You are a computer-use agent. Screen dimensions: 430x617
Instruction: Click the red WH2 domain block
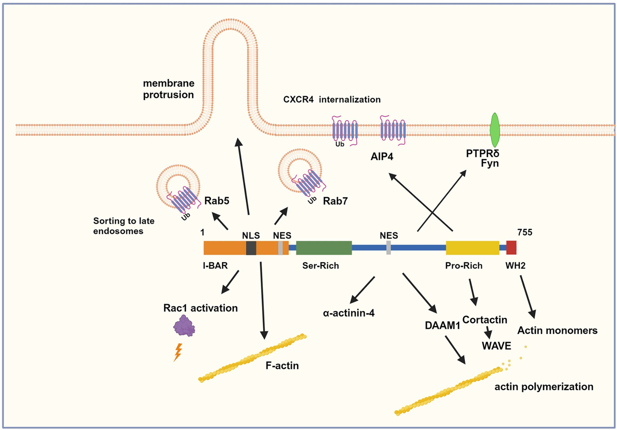point(511,248)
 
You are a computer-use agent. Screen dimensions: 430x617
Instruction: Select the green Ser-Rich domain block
point(324,248)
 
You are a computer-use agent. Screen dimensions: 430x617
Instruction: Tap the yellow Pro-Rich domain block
point(472,248)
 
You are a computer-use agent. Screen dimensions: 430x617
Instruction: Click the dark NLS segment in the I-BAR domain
point(251,248)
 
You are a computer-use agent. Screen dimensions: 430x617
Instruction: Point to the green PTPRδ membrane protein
point(494,130)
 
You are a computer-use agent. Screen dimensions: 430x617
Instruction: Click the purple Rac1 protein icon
point(184,326)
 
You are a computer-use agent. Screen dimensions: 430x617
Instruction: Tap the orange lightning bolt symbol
point(177,352)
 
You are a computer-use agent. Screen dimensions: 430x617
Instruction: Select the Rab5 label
point(217,201)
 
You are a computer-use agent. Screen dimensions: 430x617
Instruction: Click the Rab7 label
point(335,201)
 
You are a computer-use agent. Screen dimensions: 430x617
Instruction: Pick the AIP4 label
point(382,156)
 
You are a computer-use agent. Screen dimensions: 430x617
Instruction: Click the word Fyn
point(489,163)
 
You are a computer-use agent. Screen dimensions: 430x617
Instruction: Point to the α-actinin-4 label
point(349,312)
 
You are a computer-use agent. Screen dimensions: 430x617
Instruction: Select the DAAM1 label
point(442,325)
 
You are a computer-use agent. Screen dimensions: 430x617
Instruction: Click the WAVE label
point(496,346)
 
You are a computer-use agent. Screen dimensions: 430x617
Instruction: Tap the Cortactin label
point(485,320)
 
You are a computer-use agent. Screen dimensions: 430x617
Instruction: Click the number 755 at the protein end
point(525,232)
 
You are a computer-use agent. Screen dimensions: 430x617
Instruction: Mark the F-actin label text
point(282,366)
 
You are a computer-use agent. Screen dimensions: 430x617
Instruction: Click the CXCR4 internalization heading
point(332,99)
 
